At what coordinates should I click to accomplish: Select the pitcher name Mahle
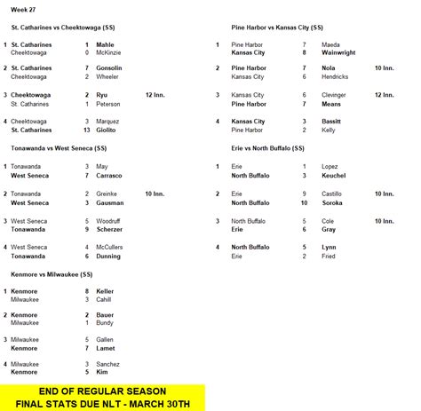104,42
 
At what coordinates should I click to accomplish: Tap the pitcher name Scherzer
107,228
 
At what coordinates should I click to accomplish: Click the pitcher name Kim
101,373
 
